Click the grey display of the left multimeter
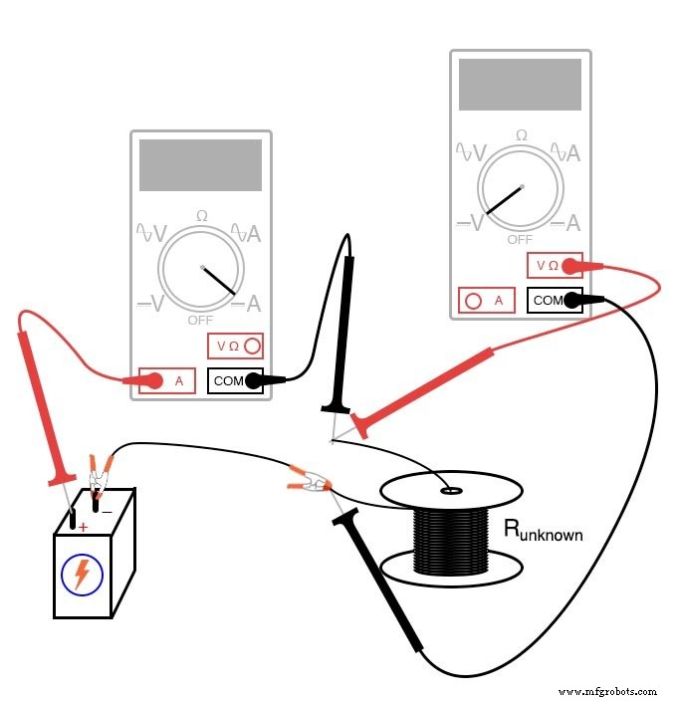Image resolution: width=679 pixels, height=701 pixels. (200, 165)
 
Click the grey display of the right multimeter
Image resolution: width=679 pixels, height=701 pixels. (520, 85)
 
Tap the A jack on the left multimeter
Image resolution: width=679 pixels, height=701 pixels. (166, 379)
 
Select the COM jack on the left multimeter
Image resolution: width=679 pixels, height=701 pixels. (236, 379)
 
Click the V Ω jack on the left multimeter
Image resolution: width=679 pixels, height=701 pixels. (236, 347)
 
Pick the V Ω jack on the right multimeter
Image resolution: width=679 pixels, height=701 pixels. (555, 266)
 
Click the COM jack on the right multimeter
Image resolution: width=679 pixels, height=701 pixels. (555, 300)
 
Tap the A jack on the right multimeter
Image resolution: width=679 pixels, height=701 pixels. (487, 300)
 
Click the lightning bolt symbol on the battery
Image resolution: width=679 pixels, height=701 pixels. (82, 575)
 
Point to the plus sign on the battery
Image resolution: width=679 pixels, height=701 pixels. (83, 527)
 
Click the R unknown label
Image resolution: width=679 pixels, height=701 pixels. (543, 530)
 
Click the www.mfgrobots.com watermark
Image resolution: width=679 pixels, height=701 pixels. (607, 690)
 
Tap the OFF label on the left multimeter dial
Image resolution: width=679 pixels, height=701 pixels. (201, 321)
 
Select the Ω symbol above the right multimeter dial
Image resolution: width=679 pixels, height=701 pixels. (521, 134)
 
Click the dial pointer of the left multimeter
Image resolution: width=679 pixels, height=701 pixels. (219, 280)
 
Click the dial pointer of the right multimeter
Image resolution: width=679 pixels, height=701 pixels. (507, 202)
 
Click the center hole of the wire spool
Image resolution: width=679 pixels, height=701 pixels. (451, 490)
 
